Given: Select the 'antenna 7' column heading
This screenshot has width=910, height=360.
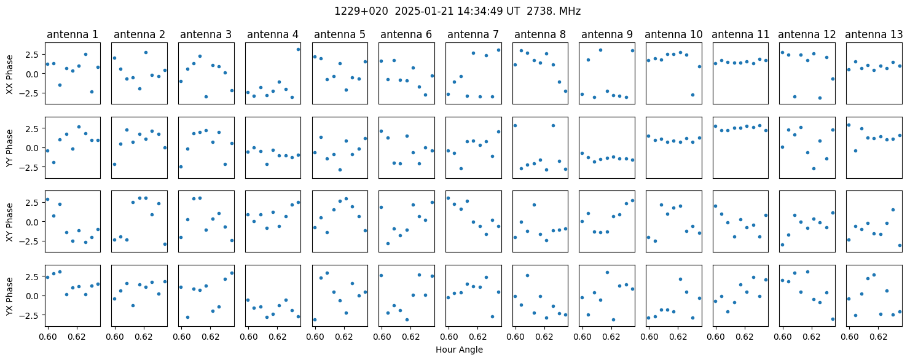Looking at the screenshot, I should click(x=473, y=34).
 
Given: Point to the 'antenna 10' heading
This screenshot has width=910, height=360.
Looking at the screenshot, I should click(x=673, y=34).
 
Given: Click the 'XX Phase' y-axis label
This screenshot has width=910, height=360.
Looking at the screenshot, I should click(x=9, y=74).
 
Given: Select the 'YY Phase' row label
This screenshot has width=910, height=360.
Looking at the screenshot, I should click(x=9, y=148).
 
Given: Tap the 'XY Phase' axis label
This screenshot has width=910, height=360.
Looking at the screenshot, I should click(x=9, y=222).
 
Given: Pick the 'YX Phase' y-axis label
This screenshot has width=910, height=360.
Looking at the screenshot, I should click(x=9, y=296).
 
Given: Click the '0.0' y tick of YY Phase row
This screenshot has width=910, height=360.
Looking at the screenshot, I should click(x=33, y=148).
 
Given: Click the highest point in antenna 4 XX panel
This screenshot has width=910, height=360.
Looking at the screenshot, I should click(x=298, y=49).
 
